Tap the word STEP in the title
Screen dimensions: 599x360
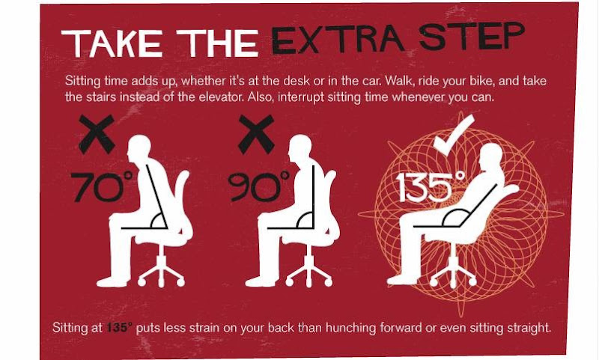click(x=472, y=36)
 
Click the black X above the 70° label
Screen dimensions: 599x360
click(x=97, y=134)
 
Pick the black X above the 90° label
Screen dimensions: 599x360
click(x=256, y=134)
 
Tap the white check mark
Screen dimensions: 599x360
click(x=454, y=135)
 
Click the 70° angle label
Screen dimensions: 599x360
click(x=101, y=186)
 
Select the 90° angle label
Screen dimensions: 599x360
click(x=258, y=186)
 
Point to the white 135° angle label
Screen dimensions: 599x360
click(x=431, y=186)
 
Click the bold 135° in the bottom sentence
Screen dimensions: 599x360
click(x=120, y=328)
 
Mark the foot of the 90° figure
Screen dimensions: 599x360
click(x=261, y=281)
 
